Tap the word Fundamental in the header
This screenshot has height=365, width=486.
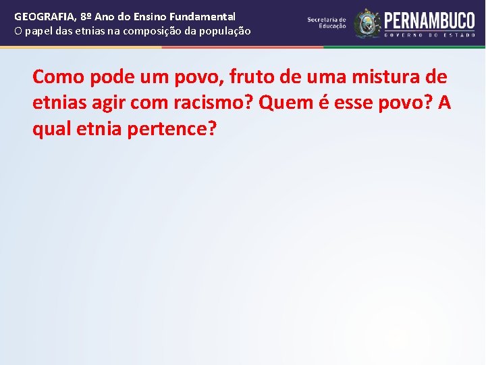coord(205,16)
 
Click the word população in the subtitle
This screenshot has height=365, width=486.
coord(223,31)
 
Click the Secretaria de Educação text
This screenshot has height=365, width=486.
coord(327,23)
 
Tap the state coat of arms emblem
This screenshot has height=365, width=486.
coord(367,24)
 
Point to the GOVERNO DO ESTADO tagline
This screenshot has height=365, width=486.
coord(430,34)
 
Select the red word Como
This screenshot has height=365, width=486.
coord(57,76)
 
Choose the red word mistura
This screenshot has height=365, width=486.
coord(379,76)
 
